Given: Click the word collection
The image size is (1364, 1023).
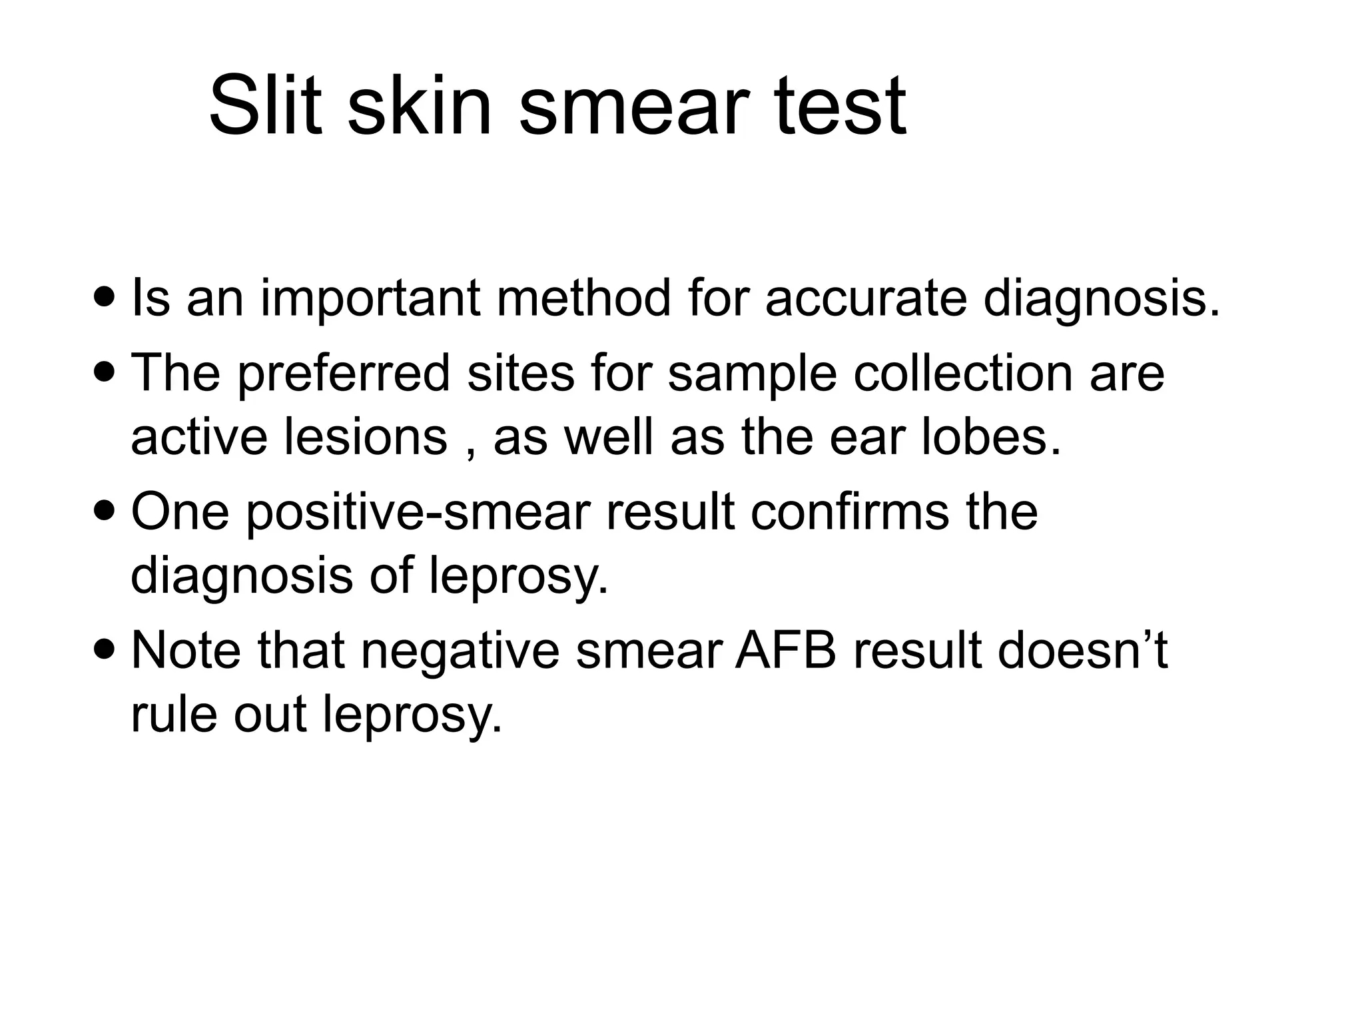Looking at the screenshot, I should tap(962, 373).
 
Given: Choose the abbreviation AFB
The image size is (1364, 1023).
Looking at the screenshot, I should tap(785, 651).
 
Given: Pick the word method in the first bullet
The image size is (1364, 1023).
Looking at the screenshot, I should tap(583, 298).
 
